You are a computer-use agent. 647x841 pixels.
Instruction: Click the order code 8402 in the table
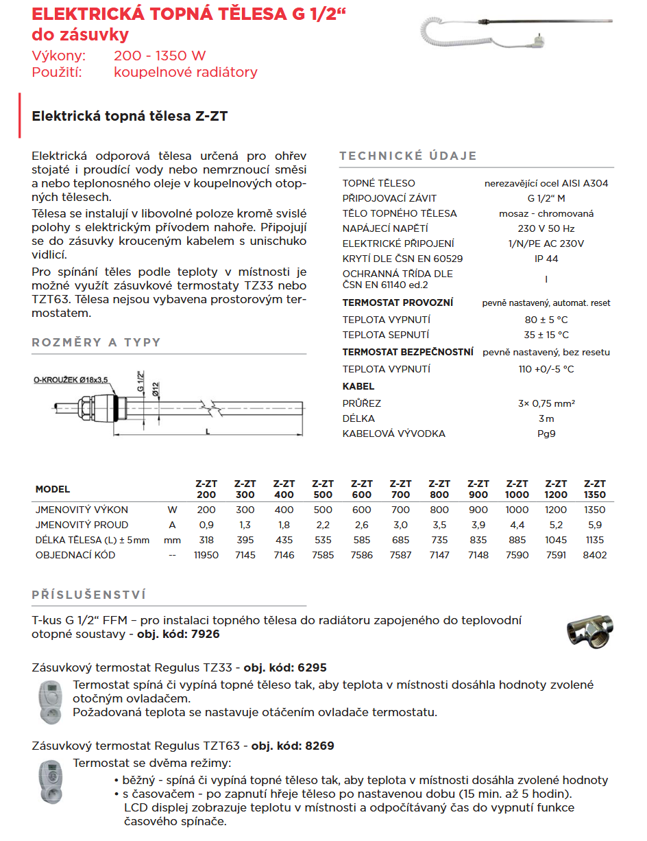point(594,555)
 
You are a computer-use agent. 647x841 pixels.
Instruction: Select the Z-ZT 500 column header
point(323,489)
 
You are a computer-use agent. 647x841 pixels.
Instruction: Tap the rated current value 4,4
point(517,525)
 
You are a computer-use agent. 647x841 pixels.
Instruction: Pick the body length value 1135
point(594,540)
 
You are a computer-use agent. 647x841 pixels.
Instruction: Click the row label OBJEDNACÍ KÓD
point(75,555)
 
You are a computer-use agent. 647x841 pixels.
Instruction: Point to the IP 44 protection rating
point(546,259)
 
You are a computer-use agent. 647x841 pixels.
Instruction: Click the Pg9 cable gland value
point(546,434)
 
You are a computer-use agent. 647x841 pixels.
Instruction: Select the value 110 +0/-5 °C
point(546,369)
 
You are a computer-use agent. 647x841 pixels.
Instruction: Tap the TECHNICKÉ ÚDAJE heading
point(408,156)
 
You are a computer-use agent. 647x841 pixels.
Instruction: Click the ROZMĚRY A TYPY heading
point(96,342)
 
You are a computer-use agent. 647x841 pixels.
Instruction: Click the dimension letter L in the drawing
point(207,431)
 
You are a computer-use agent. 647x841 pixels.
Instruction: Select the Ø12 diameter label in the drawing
point(156,389)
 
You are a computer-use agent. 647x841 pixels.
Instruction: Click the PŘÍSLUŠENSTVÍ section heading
point(89,595)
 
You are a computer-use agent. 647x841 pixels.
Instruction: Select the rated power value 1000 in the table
point(517,510)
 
